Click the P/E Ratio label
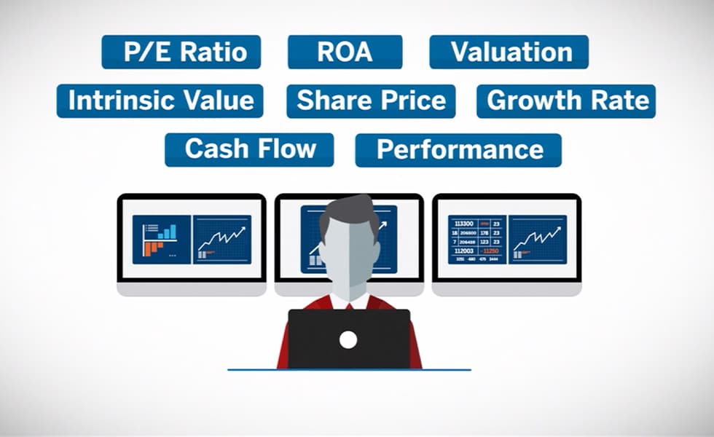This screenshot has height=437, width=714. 181,52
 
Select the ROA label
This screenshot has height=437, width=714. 345,52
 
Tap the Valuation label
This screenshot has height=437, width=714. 509,52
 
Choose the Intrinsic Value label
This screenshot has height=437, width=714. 160,101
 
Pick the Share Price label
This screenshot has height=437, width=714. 371,101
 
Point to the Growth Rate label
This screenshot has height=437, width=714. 566,101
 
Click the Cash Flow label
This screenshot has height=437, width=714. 249,149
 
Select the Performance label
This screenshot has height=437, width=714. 458,149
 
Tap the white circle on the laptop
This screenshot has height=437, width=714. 348,339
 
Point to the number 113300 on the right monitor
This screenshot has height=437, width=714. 463,224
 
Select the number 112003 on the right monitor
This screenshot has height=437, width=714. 464,251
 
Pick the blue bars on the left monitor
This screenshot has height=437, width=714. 167,232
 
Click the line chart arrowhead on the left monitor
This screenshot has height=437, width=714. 243,230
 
